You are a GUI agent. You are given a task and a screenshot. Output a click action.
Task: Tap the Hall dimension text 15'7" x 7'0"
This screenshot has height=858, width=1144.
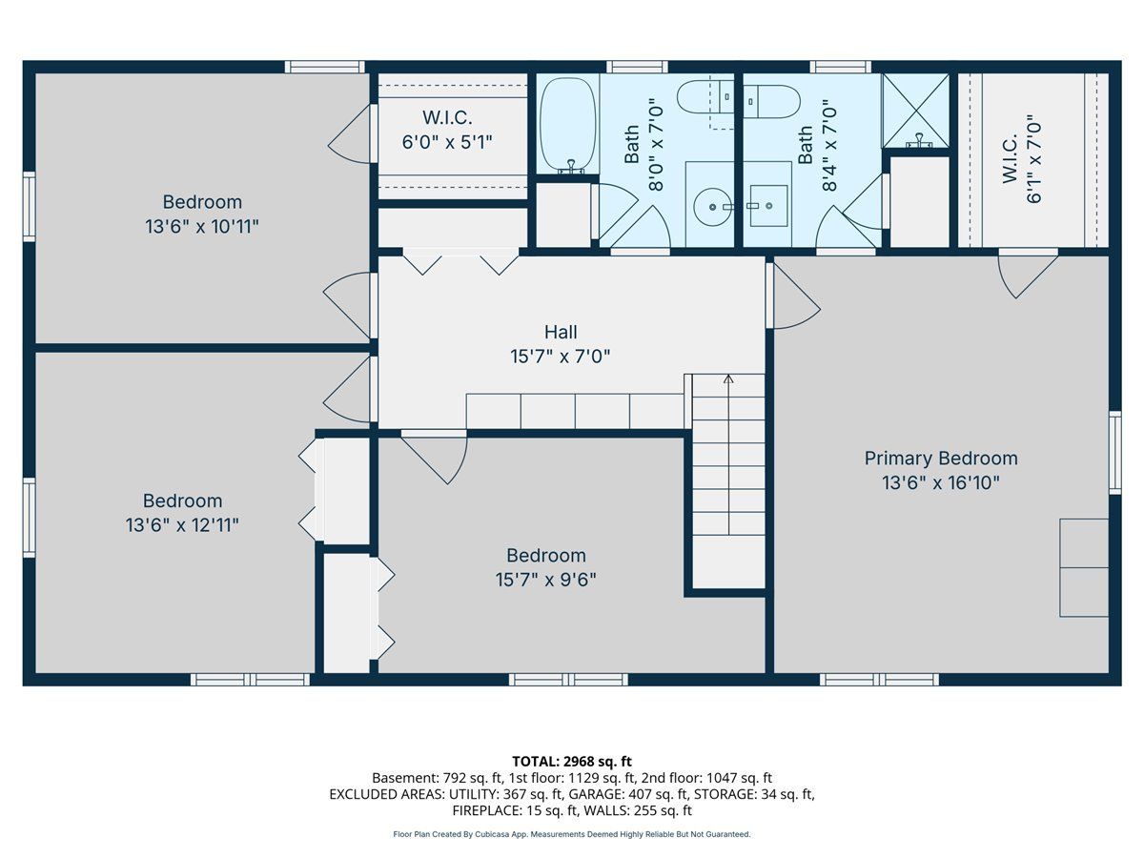click(561, 357)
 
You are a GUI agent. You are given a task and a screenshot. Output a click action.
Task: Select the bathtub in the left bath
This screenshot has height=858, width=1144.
click(567, 125)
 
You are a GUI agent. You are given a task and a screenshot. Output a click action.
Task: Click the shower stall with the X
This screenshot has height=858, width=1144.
click(915, 111)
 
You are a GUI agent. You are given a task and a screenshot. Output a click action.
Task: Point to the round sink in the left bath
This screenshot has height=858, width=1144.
click(712, 207)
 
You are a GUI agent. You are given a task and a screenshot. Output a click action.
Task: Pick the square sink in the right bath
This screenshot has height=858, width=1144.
click(768, 206)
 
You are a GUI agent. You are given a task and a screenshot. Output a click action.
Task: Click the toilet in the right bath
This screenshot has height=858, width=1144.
click(771, 102)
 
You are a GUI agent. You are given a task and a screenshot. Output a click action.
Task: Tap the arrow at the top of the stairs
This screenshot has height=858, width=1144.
click(728, 378)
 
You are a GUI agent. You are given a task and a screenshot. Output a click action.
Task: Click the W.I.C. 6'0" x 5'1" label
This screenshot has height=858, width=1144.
click(447, 130)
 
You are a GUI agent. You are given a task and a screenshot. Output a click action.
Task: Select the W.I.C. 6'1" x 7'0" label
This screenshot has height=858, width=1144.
click(1022, 159)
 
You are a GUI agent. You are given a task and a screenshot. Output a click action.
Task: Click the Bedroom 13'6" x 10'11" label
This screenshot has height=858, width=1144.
click(202, 214)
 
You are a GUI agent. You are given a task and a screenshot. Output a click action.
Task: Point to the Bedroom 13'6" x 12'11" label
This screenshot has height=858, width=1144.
click(182, 513)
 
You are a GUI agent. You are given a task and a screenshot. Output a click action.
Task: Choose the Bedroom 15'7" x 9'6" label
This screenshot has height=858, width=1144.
click(545, 567)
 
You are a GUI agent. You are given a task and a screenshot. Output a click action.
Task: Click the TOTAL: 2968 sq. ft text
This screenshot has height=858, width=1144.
click(572, 762)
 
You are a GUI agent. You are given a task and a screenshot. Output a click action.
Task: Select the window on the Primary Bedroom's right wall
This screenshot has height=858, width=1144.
click(1114, 452)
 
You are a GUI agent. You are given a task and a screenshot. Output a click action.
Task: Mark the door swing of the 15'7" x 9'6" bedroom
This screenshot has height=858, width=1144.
click(435, 457)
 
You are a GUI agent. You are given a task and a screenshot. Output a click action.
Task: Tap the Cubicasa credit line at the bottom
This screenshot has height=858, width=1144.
click(572, 834)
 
